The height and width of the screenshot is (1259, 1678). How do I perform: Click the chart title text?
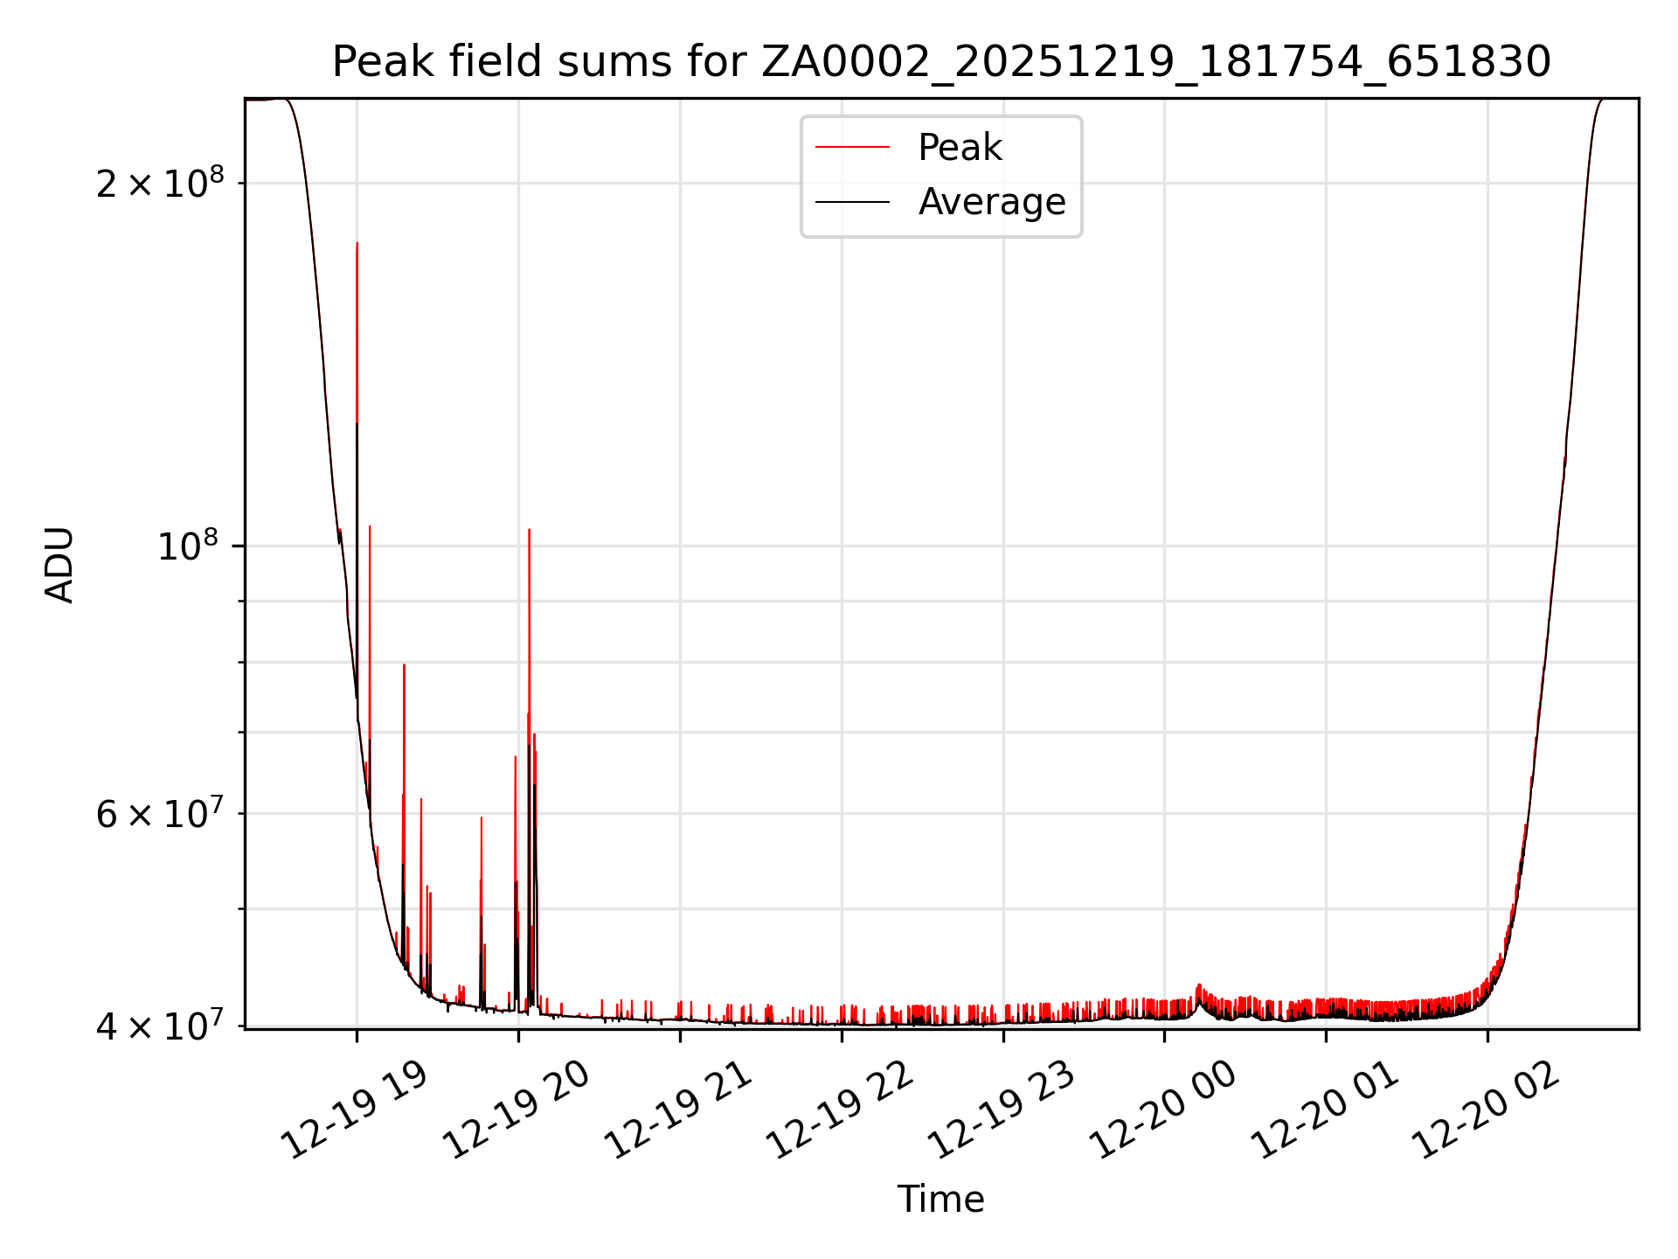click(941, 62)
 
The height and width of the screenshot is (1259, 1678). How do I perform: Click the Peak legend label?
click(960, 148)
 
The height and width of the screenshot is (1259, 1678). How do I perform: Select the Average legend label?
click(991, 202)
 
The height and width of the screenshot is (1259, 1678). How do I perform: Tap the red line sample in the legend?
click(852, 148)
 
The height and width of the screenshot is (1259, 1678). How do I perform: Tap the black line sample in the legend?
click(852, 202)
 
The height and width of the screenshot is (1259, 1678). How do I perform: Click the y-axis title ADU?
click(59, 565)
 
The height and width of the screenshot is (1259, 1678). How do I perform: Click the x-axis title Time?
click(940, 1200)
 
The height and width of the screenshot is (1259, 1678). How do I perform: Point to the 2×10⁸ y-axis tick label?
click(160, 184)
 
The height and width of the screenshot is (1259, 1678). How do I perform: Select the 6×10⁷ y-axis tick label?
click(160, 814)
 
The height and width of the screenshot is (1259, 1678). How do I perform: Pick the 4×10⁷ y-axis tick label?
click(160, 1026)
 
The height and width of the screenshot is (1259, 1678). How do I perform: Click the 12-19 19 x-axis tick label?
click(354, 1110)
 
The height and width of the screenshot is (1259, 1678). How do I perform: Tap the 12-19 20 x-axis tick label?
click(516, 1110)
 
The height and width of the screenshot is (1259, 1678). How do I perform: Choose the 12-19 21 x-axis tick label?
click(677, 1110)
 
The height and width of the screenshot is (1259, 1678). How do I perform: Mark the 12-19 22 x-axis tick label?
click(839, 1110)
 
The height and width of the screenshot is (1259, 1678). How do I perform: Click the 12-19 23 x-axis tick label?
click(1001, 1110)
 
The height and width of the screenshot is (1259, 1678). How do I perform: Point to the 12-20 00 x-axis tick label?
click(1162, 1110)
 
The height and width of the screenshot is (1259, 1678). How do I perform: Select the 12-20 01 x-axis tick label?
click(1324, 1110)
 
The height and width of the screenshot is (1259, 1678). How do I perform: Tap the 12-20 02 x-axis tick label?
click(1486, 1110)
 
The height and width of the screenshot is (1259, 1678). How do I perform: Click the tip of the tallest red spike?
click(357, 243)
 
